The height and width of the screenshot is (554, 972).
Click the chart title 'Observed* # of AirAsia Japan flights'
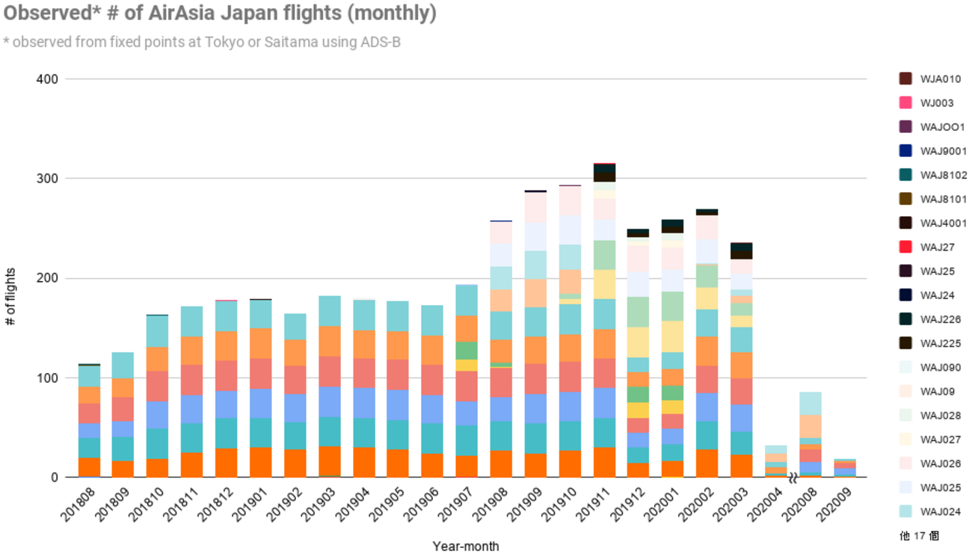click(220, 13)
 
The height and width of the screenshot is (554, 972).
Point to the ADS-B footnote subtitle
click(202, 42)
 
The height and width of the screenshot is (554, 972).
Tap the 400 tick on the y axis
click(49, 79)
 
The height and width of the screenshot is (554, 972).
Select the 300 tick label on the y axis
click(49, 179)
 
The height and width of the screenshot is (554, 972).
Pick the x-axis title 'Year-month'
click(465, 546)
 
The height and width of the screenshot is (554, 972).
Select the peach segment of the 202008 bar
click(811, 426)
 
